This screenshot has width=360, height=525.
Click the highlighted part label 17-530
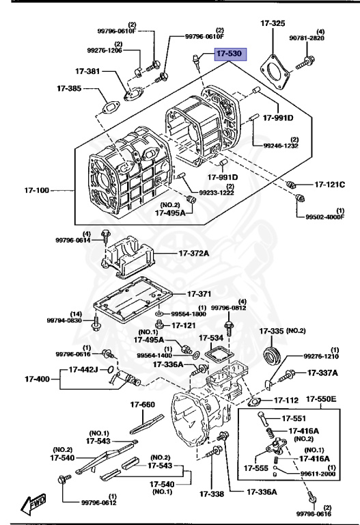[230, 53]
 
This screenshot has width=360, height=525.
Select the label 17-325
[273, 23]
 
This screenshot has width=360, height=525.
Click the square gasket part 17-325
[275, 72]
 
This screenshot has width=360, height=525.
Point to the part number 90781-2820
[307, 38]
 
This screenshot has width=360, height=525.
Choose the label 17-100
[36, 190]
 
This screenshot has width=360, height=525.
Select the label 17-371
[199, 294]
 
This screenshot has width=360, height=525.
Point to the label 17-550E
[321, 399]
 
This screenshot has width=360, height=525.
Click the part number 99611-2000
[316, 474]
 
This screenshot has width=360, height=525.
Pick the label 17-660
[143, 405]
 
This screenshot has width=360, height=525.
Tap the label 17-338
[212, 494]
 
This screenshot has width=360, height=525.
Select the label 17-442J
[83, 370]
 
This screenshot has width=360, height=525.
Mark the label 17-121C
[329, 184]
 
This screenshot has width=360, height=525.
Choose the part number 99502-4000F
[325, 217]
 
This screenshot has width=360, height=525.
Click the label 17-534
[211, 338]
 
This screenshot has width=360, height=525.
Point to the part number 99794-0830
[64, 320]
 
